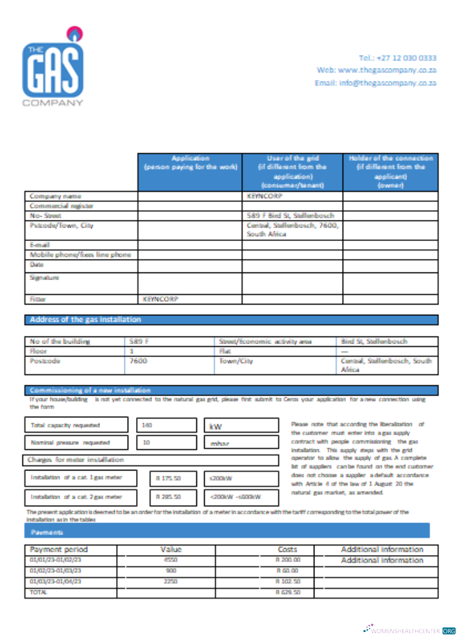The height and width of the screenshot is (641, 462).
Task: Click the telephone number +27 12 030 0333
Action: point(397,58)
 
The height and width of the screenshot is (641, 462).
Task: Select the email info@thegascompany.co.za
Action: point(375,83)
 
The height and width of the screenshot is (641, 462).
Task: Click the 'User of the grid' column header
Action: point(292,171)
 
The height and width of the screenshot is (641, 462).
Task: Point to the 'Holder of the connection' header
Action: point(390,171)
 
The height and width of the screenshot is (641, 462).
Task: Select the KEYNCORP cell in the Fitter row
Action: point(160,299)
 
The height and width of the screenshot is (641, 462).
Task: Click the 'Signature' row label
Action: point(44,278)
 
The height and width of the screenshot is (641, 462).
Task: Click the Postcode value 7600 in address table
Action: point(139,361)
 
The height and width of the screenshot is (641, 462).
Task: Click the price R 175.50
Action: point(168,478)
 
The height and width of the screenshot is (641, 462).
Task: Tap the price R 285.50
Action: point(168,496)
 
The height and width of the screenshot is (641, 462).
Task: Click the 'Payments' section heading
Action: point(44,532)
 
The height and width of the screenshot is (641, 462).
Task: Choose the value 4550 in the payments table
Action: point(171,560)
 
